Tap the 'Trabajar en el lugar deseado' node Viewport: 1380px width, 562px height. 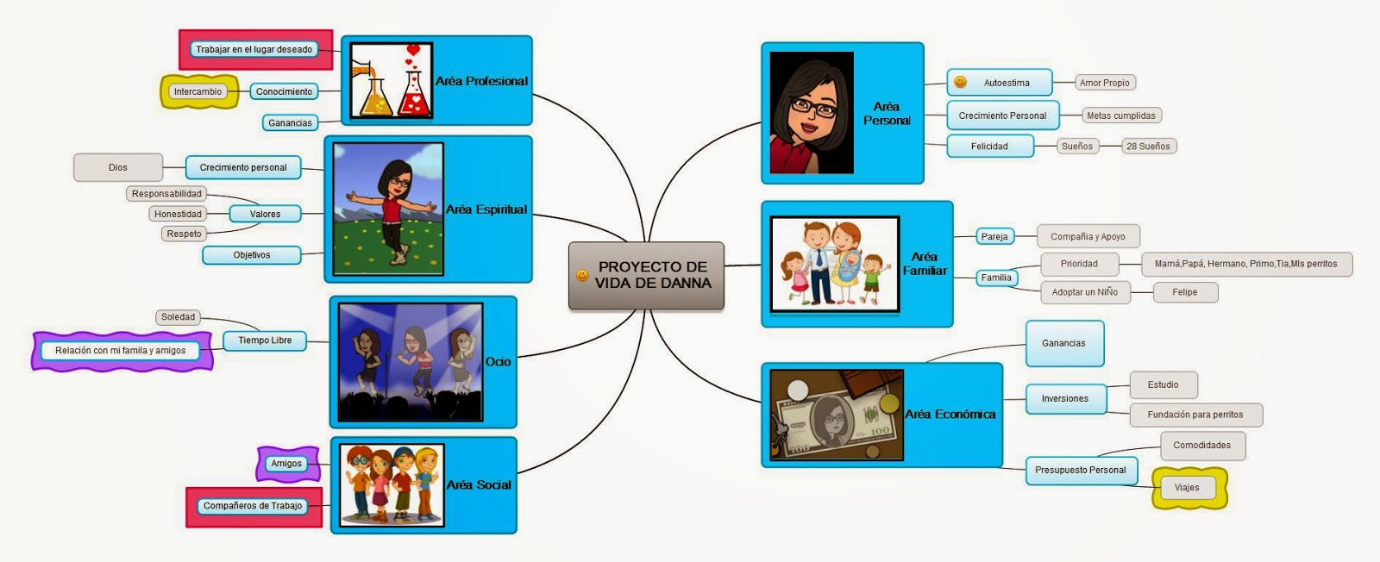pyautogui.click(x=254, y=50)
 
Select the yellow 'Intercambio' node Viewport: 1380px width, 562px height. pyautogui.click(x=198, y=91)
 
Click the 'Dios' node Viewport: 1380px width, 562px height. pyautogui.click(x=118, y=167)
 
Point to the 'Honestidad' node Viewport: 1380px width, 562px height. pyautogui.click(x=178, y=214)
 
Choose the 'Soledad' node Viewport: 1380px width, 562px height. pyautogui.click(x=178, y=317)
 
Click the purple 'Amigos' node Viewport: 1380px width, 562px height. pyautogui.click(x=286, y=464)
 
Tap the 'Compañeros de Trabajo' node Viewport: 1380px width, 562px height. pyautogui.click(x=253, y=506)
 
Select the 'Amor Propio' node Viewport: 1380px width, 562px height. pyautogui.click(x=1104, y=83)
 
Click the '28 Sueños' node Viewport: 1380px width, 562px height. pyautogui.click(x=1148, y=146)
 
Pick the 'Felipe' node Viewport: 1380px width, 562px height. pyautogui.click(x=1184, y=292)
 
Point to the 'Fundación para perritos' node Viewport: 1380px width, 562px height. pyautogui.click(x=1195, y=415)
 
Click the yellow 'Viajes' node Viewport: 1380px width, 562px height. pyautogui.click(x=1187, y=488)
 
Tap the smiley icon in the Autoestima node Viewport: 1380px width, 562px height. pyautogui.click(x=960, y=83)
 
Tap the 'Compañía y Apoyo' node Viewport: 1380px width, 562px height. pyautogui.click(x=1088, y=236)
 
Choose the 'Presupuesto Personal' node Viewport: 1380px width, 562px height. pyautogui.click(x=1080, y=470)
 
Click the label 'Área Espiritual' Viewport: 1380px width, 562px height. pyautogui.click(x=486, y=209)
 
